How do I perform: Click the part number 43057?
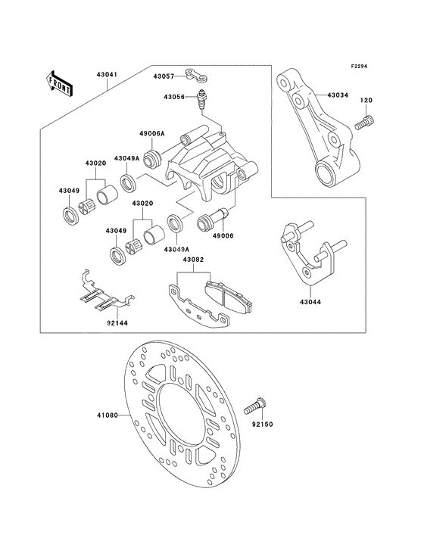pos(164,76)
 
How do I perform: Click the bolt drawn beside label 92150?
pos(254,406)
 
